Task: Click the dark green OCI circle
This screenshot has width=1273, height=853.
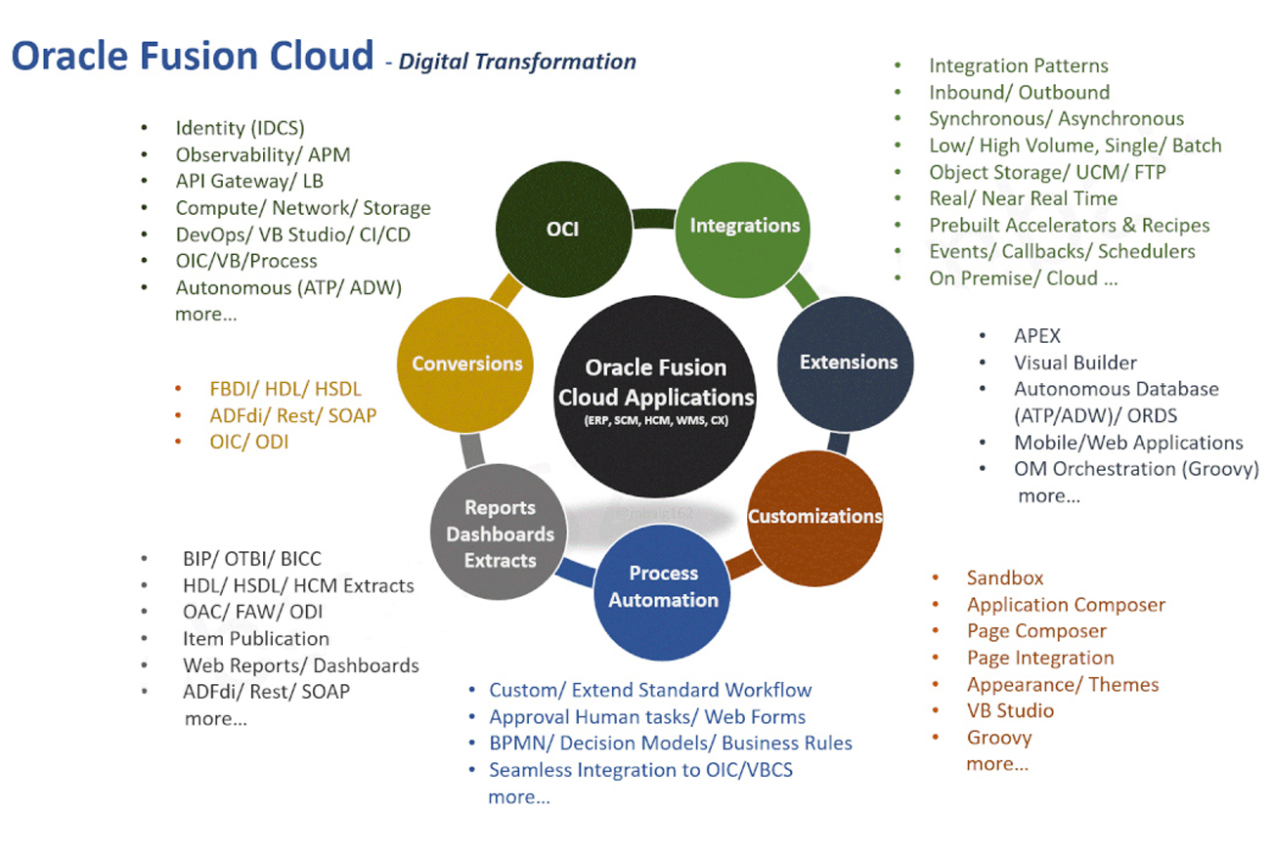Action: click(563, 229)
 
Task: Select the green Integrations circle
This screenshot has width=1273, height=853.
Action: click(745, 226)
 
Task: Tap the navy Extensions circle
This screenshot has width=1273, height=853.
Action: click(848, 362)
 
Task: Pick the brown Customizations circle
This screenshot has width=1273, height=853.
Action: click(814, 516)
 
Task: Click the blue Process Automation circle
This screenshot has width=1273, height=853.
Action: click(663, 586)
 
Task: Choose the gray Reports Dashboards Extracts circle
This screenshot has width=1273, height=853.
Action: click(500, 533)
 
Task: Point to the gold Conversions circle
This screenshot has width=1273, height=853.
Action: click(466, 363)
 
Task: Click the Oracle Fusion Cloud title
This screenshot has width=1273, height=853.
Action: click(193, 56)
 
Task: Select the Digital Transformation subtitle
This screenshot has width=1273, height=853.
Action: click(517, 62)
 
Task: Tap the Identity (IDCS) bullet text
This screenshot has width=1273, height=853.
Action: click(240, 127)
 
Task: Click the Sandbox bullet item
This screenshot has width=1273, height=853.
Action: click(1005, 577)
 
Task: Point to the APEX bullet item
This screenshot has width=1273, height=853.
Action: click(1036, 335)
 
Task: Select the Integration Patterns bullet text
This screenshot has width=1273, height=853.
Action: click(1018, 65)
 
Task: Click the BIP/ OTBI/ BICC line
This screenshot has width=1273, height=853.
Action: click(251, 559)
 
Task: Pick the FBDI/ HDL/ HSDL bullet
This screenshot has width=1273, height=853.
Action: click(285, 389)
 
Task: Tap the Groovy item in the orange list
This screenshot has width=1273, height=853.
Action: click(999, 738)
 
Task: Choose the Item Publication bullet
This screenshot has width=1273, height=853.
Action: click(255, 638)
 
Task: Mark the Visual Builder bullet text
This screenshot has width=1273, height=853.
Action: click(1075, 362)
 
